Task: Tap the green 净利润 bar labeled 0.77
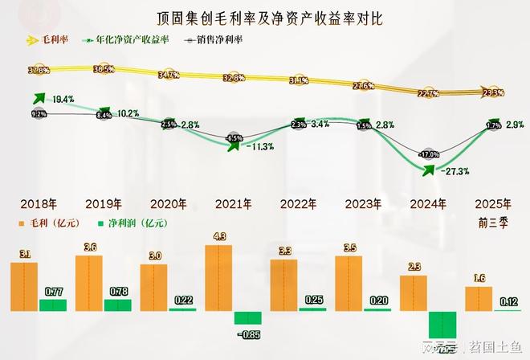tap(53, 305)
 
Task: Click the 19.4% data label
tap(63, 100)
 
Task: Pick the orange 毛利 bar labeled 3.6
tap(88, 283)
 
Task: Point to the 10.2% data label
tap(128, 114)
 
